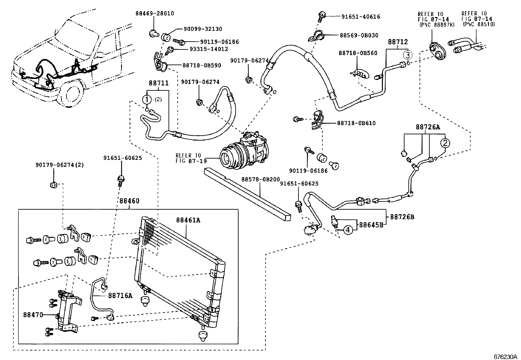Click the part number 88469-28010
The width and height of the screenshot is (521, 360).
click(x=154, y=13)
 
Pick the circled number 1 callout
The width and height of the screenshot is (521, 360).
click(x=147, y=99)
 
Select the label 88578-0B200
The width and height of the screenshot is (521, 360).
click(x=260, y=180)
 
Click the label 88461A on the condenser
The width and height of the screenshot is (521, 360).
click(x=188, y=220)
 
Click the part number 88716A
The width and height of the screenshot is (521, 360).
click(x=120, y=296)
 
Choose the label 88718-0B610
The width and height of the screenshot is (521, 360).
click(x=356, y=123)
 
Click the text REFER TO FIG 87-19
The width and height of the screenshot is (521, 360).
click(x=188, y=158)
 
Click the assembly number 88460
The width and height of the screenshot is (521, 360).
click(x=129, y=200)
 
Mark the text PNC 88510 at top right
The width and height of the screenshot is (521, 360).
click(x=479, y=24)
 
